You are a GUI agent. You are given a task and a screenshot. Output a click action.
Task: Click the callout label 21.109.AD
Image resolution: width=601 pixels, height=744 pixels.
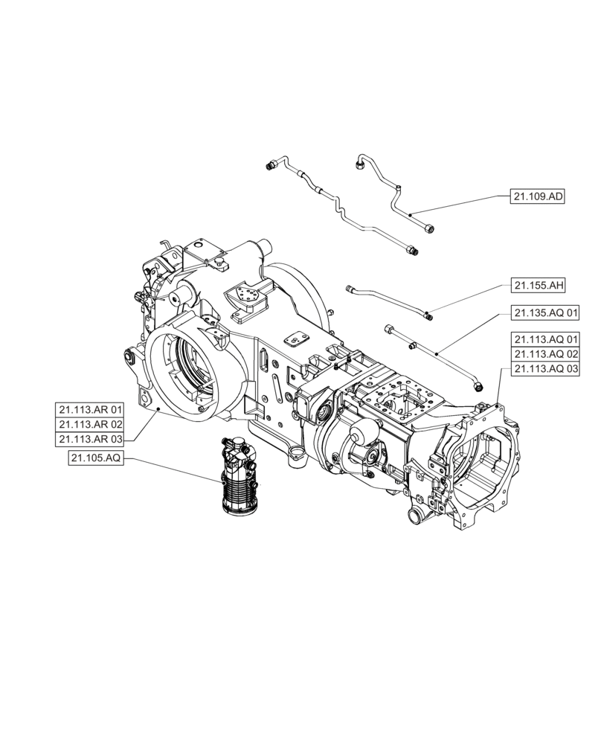coord(537,197)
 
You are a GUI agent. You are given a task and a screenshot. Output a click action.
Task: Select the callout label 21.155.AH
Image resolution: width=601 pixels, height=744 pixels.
coord(537,285)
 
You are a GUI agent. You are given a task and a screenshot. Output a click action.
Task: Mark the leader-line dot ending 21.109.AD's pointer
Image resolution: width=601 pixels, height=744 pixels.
coord(410,214)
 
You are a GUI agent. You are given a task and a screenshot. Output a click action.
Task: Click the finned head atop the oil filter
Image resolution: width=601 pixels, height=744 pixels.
coord(239,451)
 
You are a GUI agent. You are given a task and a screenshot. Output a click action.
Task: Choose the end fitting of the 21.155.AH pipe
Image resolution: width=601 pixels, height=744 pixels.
coord(429,315)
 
